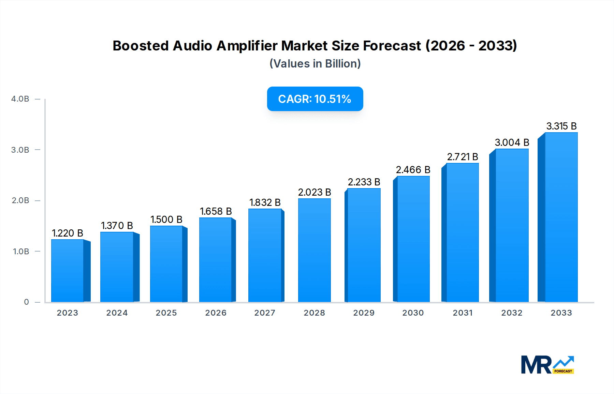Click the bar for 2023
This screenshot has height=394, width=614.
click(x=68, y=271)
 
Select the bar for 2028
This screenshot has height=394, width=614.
click(x=314, y=250)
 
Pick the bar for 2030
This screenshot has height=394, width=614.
click(x=413, y=239)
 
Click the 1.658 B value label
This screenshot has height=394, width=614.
click(x=216, y=211)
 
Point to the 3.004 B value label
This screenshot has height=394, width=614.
click(x=512, y=142)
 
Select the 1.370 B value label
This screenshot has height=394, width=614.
click(x=117, y=226)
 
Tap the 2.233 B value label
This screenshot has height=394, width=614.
click(x=364, y=182)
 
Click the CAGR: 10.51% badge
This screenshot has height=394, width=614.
click(x=315, y=99)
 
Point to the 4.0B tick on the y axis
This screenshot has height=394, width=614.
click(x=20, y=99)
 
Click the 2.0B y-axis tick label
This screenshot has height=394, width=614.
click(x=20, y=200)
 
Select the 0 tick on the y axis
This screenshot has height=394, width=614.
click(x=26, y=302)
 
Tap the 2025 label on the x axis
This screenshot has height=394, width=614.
click(x=166, y=313)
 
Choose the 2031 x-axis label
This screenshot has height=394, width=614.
click(x=463, y=313)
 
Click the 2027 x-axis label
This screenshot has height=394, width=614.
click(x=265, y=313)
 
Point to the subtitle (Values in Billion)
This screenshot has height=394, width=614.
click(x=315, y=64)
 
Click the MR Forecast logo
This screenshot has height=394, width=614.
click(x=547, y=365)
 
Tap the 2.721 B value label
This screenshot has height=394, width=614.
click(x=462, y=157)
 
